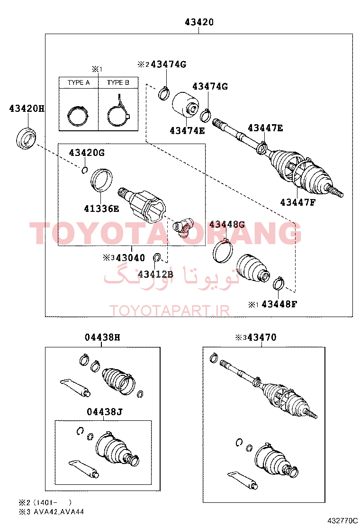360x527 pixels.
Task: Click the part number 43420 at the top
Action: coord(199,22)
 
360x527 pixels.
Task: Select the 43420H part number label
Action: coord(27,109)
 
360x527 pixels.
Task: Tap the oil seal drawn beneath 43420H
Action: coord(26,138)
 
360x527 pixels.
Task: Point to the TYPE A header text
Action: coord(79,82)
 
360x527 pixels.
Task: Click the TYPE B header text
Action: coord(118,82)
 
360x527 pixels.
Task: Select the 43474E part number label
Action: coord(187,131)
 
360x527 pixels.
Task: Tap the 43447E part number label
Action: coord(265,128)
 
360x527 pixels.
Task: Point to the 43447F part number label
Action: coord(298,202)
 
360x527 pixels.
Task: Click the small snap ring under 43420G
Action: coord(84,171)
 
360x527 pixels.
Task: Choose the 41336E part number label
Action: coord(101,209)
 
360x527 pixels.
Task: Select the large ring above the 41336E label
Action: coord(102,180)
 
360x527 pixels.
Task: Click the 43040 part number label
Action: coord(133,258)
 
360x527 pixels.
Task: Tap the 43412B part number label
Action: coord(155,274)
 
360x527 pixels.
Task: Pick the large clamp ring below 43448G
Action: coord(223,251)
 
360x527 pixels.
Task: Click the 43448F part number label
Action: coord(279,304)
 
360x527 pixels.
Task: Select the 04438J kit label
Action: coord(104,412)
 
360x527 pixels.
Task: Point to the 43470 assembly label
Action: coord(261,337)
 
